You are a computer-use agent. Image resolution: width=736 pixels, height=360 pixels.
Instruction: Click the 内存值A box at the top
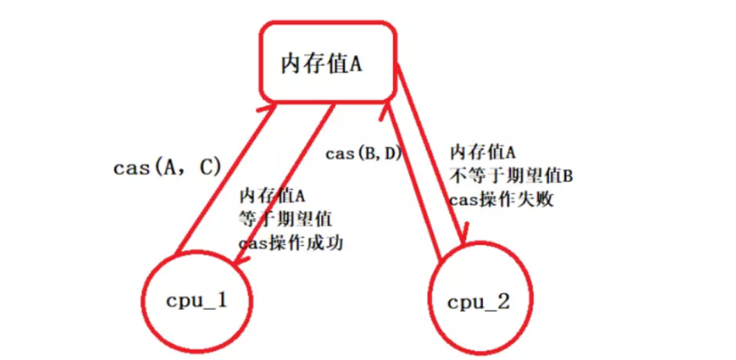(x=327, y=62)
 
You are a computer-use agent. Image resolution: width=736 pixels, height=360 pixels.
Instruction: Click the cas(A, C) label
(x=166, y=168)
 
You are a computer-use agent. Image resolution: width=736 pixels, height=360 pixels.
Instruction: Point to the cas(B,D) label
(x=364, y=153)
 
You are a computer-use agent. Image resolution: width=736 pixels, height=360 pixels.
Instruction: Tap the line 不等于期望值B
(x=511, y=176)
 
